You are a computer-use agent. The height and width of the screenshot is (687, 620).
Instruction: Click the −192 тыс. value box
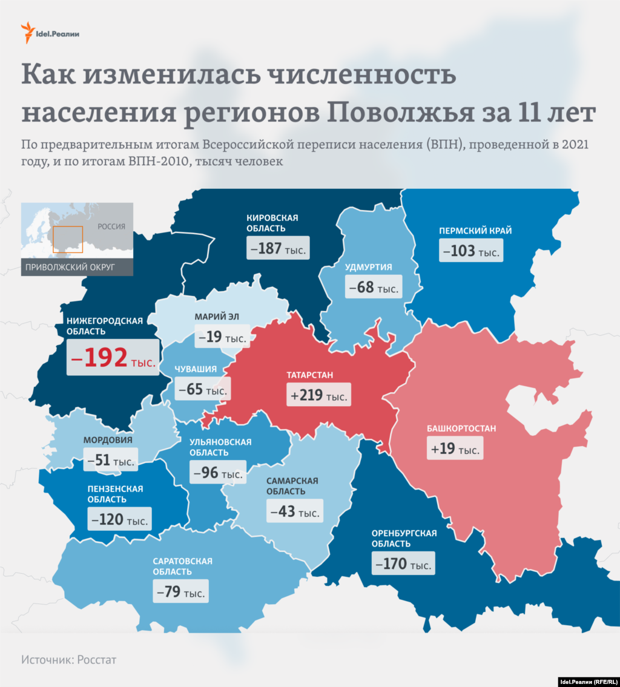(113, 357)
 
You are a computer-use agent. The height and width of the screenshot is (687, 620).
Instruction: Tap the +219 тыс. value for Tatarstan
(320, 395)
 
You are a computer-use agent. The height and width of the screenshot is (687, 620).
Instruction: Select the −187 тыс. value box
(278, 248)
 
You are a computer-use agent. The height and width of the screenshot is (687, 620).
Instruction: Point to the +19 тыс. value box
(455, 449)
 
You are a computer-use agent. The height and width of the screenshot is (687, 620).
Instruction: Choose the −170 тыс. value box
(404, 564)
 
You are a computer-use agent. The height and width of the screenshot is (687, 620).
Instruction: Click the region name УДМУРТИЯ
(368, 267)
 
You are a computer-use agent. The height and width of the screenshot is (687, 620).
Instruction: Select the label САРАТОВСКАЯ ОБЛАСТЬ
(182, 566)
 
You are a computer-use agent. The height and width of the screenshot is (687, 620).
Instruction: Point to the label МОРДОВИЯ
(108, 440)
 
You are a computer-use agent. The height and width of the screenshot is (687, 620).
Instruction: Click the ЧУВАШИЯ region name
(195, 369)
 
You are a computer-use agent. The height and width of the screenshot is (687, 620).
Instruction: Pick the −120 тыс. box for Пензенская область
(119, 519)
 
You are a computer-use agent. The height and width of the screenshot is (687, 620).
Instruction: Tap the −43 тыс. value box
(294, 511)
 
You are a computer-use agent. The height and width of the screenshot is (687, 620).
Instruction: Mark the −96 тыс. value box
(218, 472)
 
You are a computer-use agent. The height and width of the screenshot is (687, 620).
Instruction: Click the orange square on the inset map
(67, 239)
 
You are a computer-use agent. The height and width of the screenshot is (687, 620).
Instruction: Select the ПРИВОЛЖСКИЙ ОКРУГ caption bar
(77, 267)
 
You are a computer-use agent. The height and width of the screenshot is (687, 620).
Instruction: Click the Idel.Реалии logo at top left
(50, 33)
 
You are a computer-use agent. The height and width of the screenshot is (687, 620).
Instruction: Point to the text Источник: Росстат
(68, 660)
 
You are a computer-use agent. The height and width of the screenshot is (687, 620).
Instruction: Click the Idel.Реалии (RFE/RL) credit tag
(587, 681)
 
